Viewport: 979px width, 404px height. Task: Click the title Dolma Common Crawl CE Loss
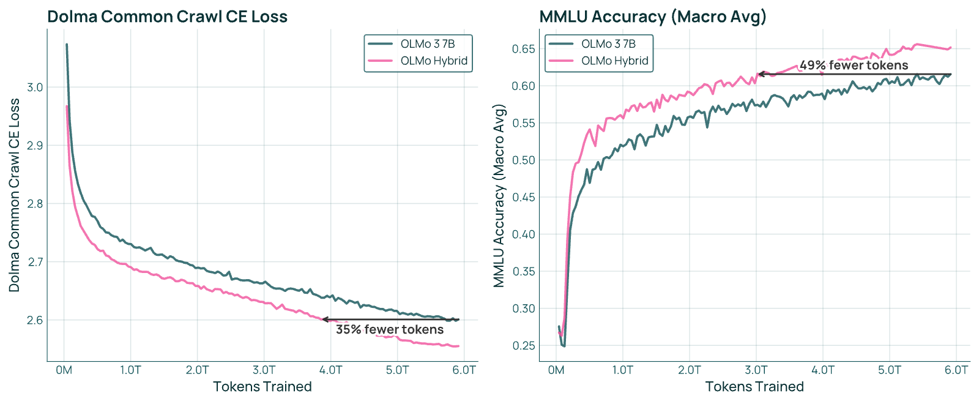168,17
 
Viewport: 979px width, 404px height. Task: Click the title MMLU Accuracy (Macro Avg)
652,17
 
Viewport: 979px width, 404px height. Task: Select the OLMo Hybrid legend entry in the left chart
418,61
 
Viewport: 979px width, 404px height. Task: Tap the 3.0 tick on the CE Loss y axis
35,88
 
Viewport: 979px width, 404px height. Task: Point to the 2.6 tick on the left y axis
35,320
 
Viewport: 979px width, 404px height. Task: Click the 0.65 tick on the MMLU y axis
524,48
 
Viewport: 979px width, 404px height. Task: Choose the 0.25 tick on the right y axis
524,345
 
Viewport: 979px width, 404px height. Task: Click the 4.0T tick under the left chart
331,370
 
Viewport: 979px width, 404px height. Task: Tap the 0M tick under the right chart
556,370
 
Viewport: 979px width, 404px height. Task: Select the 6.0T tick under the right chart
956,370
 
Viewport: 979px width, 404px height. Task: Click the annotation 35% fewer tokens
390,329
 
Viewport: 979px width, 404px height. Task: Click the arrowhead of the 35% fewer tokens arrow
325,320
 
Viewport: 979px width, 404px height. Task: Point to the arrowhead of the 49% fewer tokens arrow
761,74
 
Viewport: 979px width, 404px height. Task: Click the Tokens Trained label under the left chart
262,386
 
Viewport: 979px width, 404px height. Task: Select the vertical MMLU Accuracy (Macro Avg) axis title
499,196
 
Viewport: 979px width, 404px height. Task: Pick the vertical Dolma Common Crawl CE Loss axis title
14,195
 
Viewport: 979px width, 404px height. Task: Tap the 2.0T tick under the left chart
197,370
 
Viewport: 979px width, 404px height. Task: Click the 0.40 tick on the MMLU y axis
524,234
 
